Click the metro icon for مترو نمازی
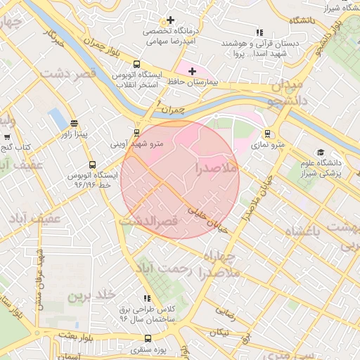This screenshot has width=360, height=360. (x=267, y=133)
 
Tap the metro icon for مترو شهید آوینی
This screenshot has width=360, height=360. (x=136, y=132)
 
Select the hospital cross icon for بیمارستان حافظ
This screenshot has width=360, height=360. (x=193, y=71)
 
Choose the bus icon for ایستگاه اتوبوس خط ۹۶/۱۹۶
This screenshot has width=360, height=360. (x=93, y=165)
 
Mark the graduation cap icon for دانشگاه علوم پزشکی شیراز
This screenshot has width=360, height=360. (x=321, y=152)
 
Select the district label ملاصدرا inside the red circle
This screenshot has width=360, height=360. (x=219, y=169)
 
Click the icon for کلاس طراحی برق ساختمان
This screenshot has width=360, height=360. (x=147, y=299)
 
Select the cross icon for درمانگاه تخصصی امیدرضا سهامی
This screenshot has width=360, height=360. (x=170, y=20)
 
